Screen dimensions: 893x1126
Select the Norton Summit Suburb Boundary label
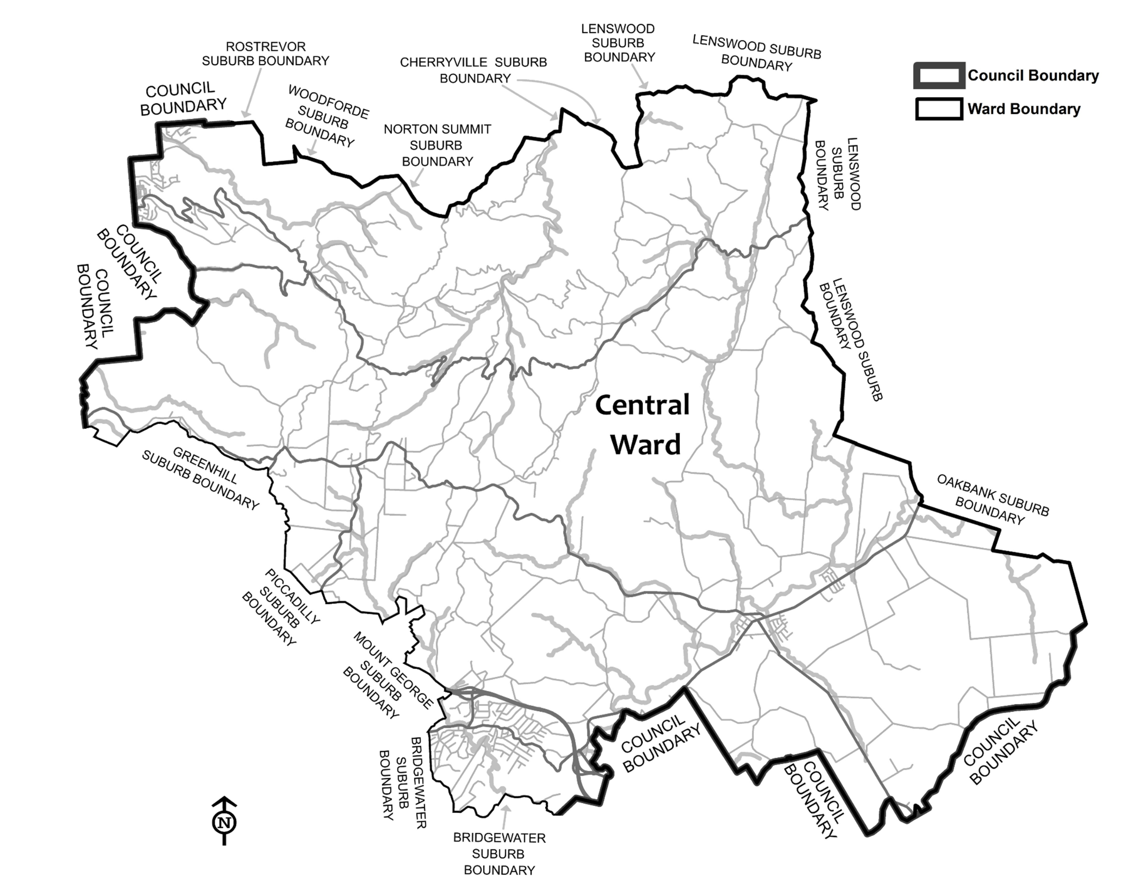(x=437, y=145)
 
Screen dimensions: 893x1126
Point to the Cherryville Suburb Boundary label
(x=474, y=70)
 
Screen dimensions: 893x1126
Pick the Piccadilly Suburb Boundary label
(x=281, y=607)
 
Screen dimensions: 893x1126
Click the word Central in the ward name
(x=642, y=406)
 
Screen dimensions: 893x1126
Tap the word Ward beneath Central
(x=646, y=445)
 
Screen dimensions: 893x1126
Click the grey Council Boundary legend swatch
(x=939, y=76)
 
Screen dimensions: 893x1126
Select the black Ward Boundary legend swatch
(x=939, y=109)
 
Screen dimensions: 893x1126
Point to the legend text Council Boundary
(x=1033, y=76)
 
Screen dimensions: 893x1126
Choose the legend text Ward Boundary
(x=1024, y=109)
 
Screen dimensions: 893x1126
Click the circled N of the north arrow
(x=224, y=823)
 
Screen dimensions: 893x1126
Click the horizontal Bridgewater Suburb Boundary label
(x=499, y=854)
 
